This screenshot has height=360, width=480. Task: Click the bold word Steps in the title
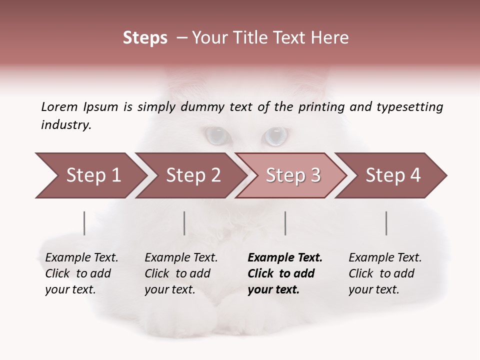(145, 38)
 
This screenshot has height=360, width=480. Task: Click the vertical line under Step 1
(84, 223)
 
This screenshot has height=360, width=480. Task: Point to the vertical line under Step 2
(184, 223)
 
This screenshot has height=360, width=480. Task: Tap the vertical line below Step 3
(285, 223)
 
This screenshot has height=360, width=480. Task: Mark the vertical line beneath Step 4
(386, 223)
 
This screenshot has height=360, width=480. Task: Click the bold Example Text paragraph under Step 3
(285, 273)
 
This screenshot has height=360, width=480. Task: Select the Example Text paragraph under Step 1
(81, 273)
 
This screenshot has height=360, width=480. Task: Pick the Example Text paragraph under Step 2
(181, 273)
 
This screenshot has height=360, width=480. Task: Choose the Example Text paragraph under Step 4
(385, 273)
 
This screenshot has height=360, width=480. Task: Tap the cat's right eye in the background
(275, 135)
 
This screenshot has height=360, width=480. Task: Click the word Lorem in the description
(59, 106)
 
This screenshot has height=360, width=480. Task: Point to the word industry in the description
(66, 125)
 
